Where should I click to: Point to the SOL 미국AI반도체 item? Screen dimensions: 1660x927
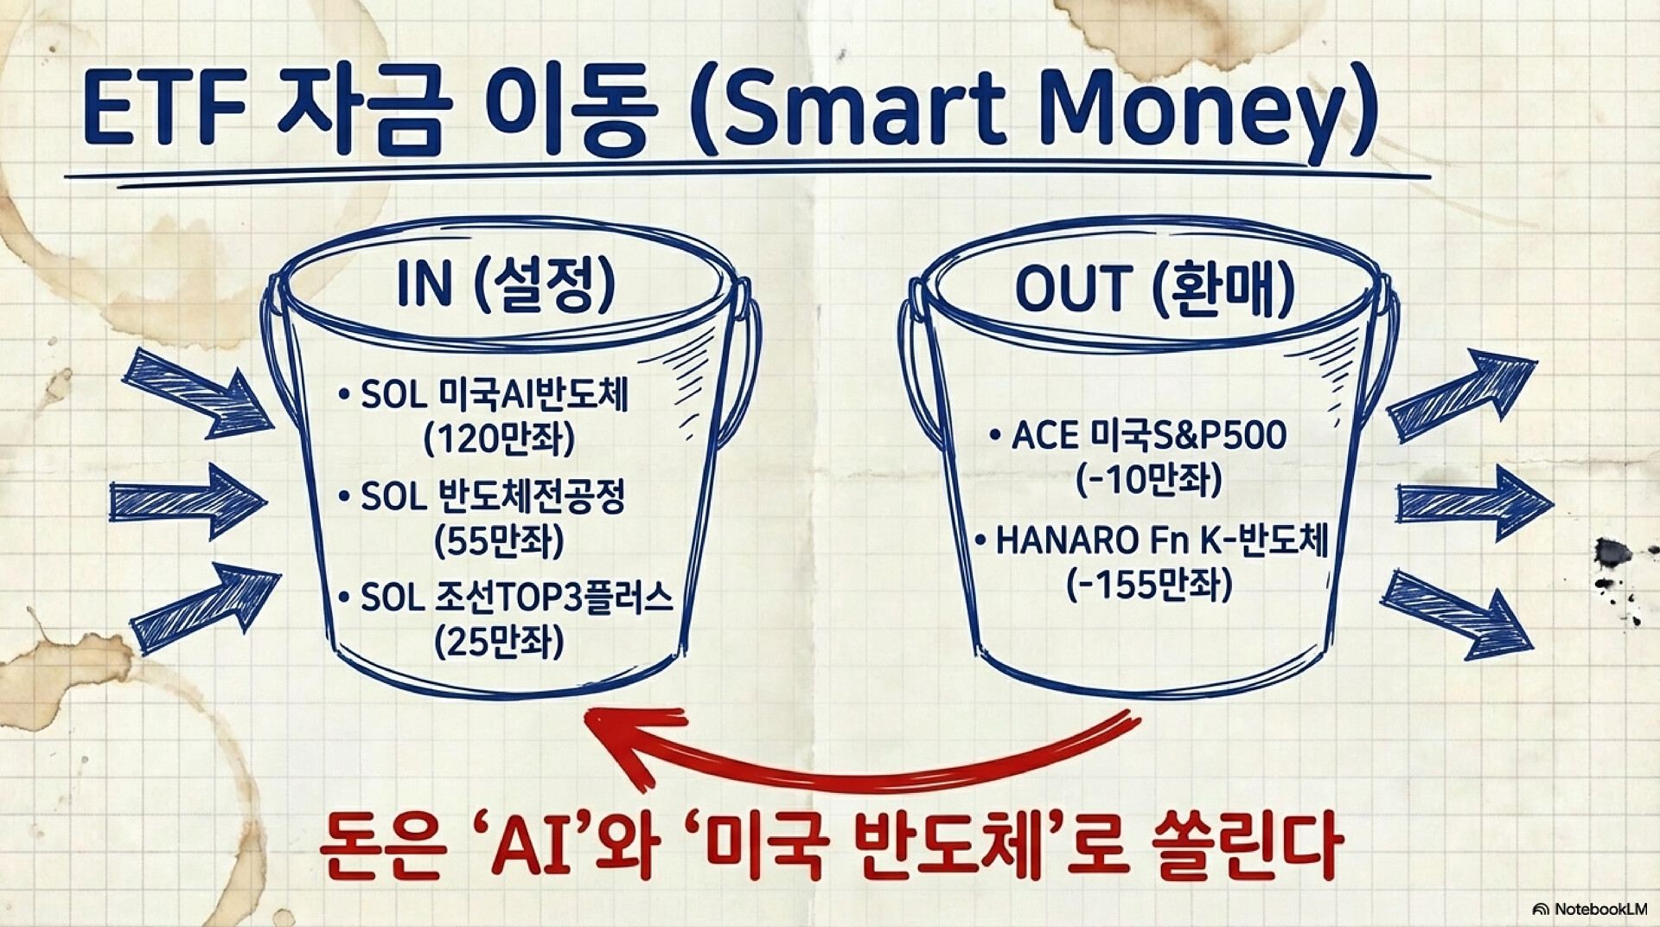[x=483, y=396]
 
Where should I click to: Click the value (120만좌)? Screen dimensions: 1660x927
[x=500, y=439]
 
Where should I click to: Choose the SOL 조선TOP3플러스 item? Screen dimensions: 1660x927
[x=505, y=598]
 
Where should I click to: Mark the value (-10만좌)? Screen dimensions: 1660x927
[x=1149, y=479]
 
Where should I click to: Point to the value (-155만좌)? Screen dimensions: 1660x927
[x=1149, y=585]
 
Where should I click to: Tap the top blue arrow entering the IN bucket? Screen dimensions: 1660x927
[x=197, y=394]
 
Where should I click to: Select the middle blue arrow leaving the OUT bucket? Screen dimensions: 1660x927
[x=1475, y=502]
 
